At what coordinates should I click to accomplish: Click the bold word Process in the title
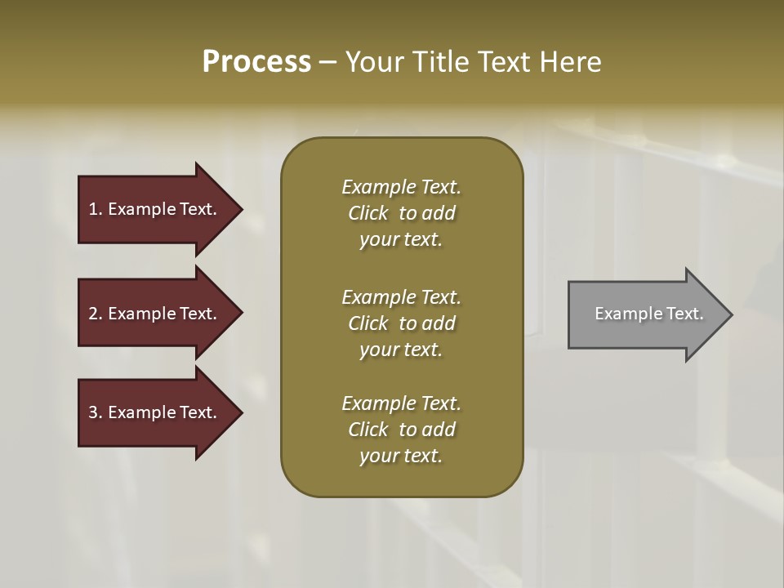[256, 62]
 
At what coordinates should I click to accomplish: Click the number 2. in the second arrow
[96, 314]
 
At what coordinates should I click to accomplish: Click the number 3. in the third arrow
[96, 412]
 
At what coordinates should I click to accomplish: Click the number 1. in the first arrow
[96, 209]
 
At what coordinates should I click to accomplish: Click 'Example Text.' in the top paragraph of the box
[401, 187]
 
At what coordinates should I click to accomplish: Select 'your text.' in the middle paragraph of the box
[401, 350]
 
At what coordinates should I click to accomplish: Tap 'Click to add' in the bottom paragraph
[401, 430]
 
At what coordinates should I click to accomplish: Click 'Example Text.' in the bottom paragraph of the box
[401, 403]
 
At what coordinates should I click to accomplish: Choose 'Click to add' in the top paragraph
[401, 213]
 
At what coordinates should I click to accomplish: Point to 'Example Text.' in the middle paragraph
[401, 297]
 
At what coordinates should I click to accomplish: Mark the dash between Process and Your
[327, 63]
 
